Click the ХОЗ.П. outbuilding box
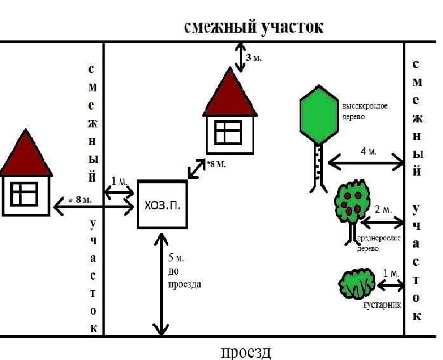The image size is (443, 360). pos(162,204)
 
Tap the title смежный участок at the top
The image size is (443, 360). pos(254,27)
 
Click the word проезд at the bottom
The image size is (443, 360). pos(246,352)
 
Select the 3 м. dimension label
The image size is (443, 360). pos(254,58)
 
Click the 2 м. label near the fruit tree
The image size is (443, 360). pos(383,209)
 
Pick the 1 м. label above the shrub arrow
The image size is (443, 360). pos(391,274)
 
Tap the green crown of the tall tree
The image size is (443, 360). pos(318,114)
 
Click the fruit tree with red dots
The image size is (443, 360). pos(351,203)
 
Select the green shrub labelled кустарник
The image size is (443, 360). pos(356,284)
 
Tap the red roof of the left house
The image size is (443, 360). pos(25,155)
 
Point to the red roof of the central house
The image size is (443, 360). pos(230,94)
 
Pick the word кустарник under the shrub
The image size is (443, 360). pos(382,305)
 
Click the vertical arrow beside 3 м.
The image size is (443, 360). pos(240,57)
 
